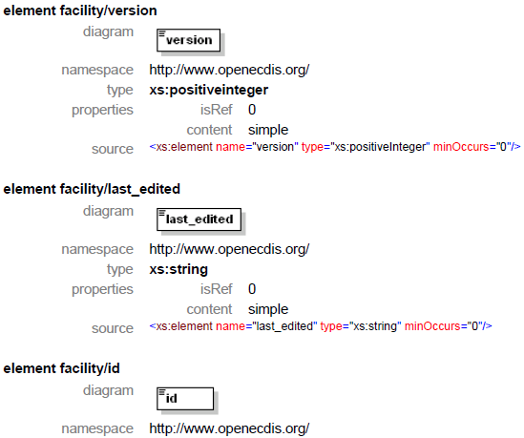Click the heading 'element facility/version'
coord(80,11)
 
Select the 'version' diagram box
coord(188,40)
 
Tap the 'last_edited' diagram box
coord(199,219)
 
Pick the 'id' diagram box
coord(185,399)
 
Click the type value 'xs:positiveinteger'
coord(208,91)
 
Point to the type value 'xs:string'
coord(178,270)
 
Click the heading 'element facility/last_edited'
coord(92,190)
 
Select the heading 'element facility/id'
coord(61,368)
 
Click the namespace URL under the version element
coord(229,71)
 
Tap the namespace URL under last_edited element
coord(229,250)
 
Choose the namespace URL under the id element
coord(229,428)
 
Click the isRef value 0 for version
coord(252,110)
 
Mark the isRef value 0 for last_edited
coord(252,289)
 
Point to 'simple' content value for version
coord(268,130)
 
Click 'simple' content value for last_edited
coord(268,309)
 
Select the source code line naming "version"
coord(335,147)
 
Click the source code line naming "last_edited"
coord(321,326)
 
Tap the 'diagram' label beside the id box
coord(108,390)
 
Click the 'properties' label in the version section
coord(102,111)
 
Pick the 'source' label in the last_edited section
coord(113,328)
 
